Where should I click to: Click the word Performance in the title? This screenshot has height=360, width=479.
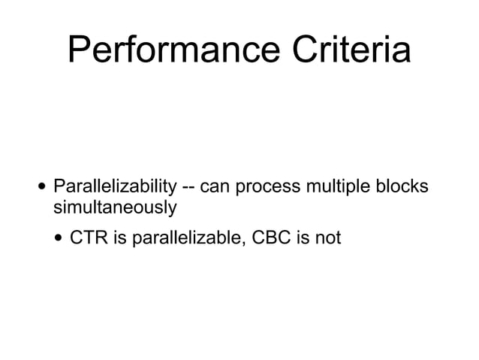point(172,51)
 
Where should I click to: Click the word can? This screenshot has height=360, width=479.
point(215,186)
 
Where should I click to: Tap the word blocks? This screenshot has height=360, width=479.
point(403,186)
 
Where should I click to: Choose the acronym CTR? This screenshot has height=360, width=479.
point(88,239)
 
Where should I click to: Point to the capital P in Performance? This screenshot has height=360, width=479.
point(78,51)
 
